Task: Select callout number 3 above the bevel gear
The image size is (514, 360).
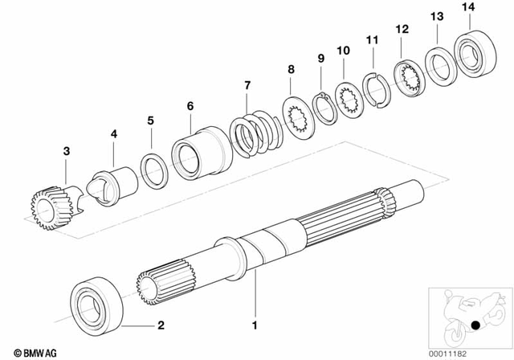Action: coord(67,151)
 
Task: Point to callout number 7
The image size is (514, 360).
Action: coord(247,85)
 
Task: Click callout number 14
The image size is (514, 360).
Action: coord(469,7)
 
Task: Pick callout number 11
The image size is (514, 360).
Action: coord(371,40)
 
